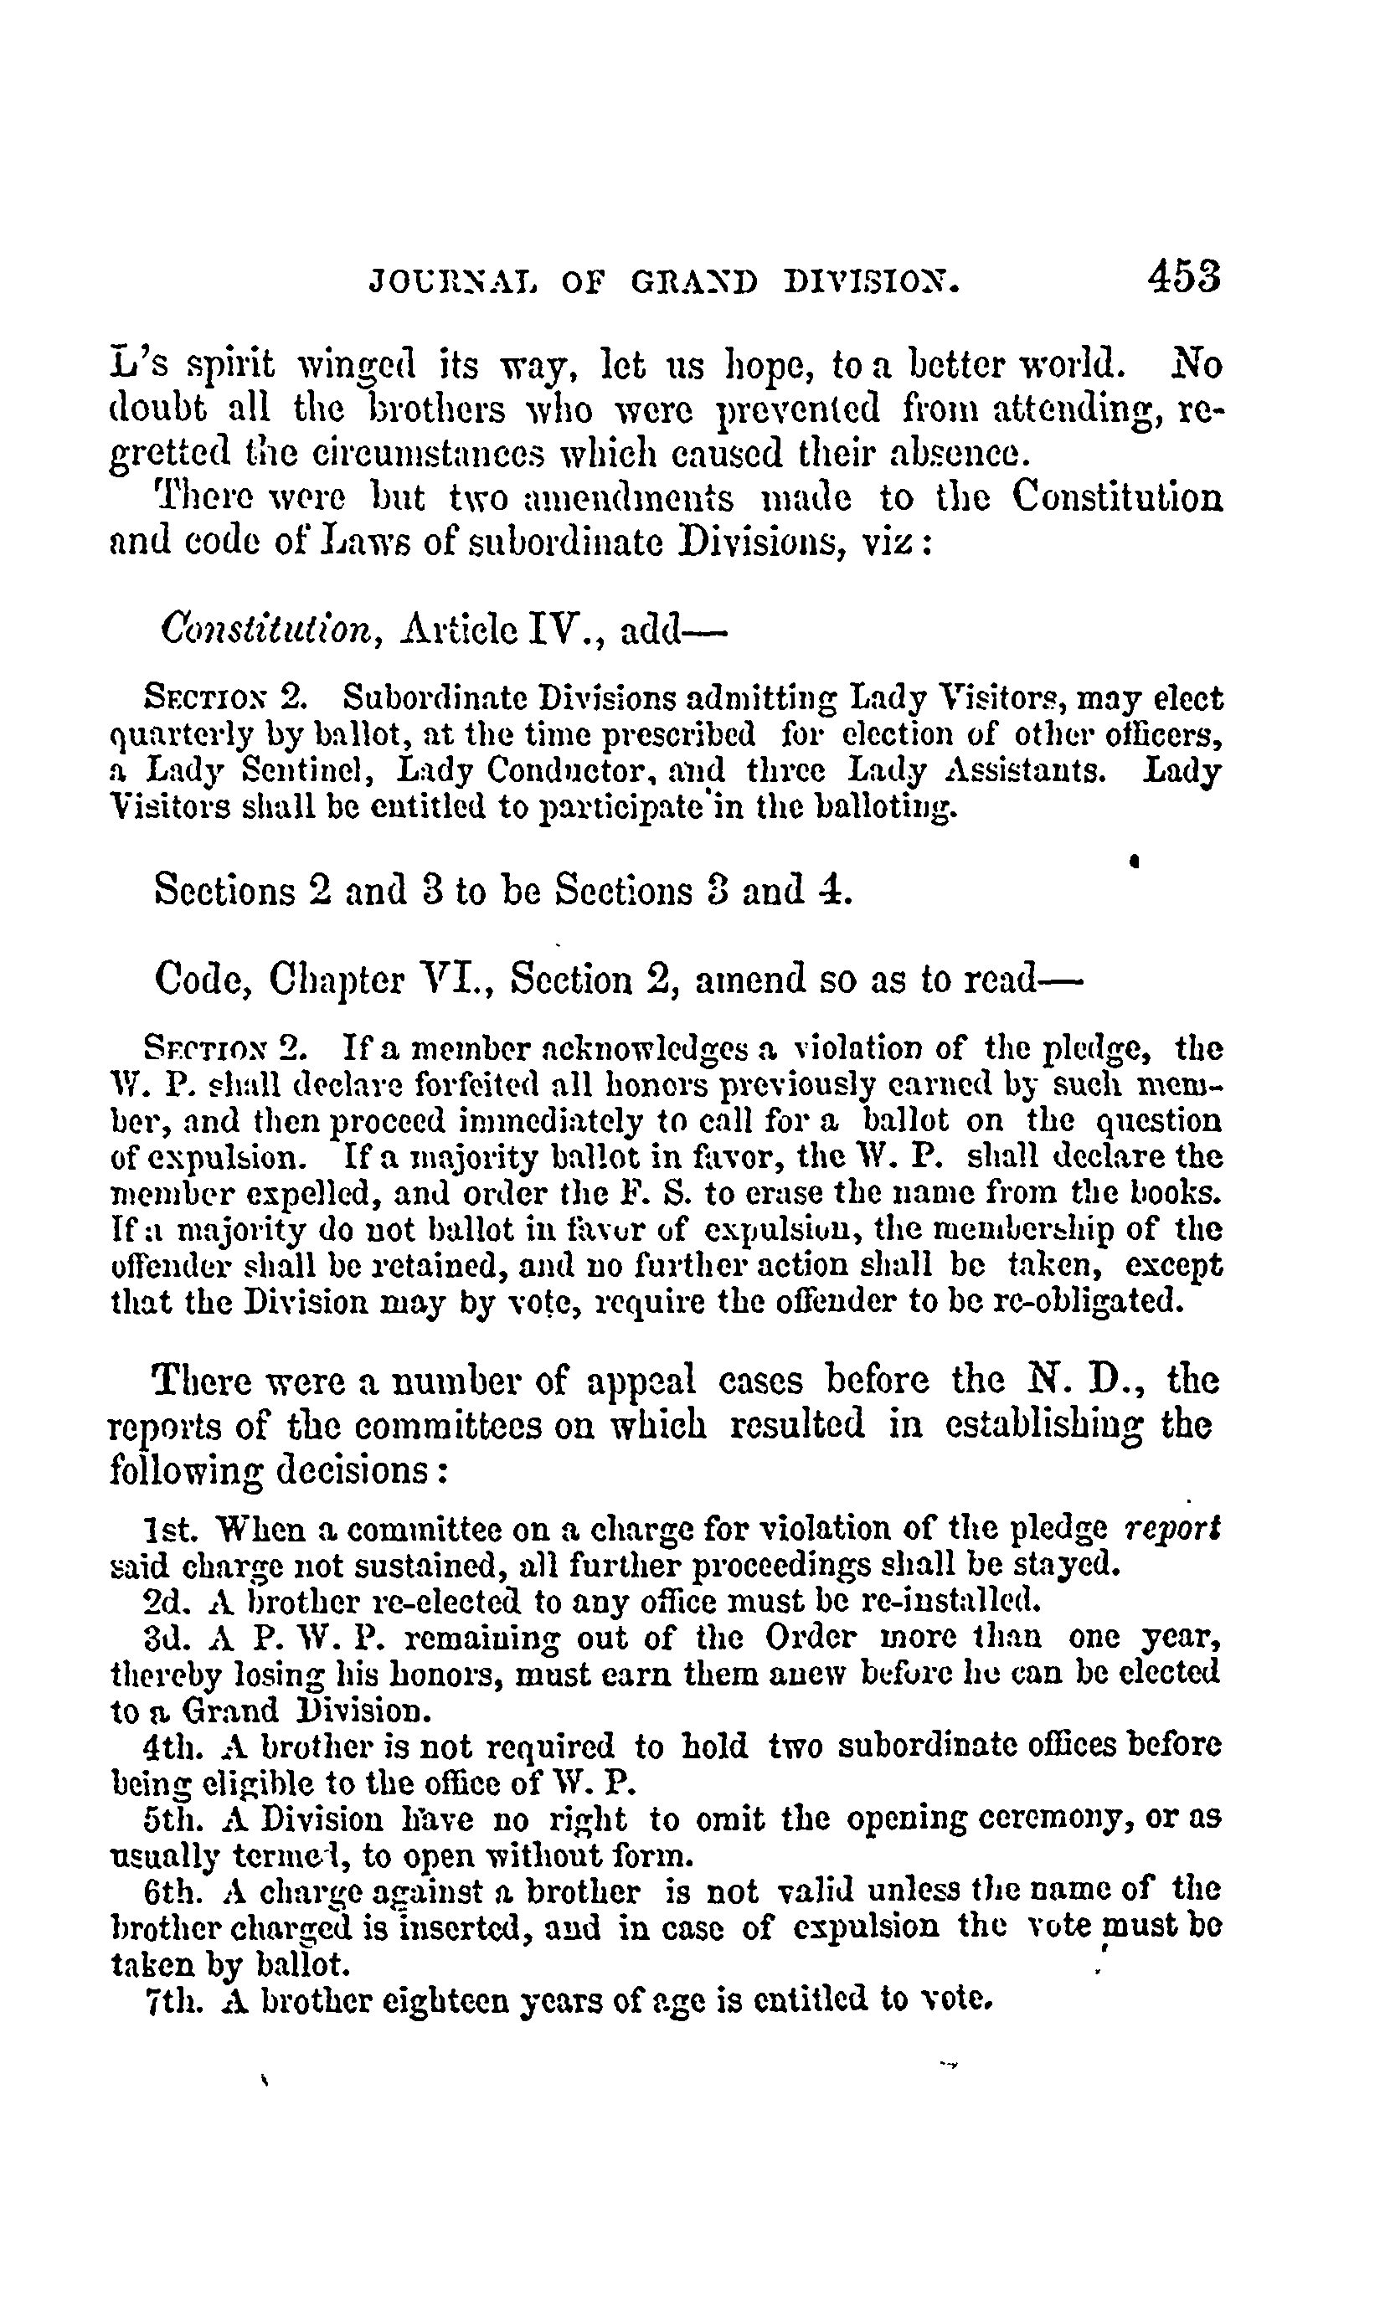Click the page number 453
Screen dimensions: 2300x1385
1184,276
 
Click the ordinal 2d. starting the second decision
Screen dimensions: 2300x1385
168,1601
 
